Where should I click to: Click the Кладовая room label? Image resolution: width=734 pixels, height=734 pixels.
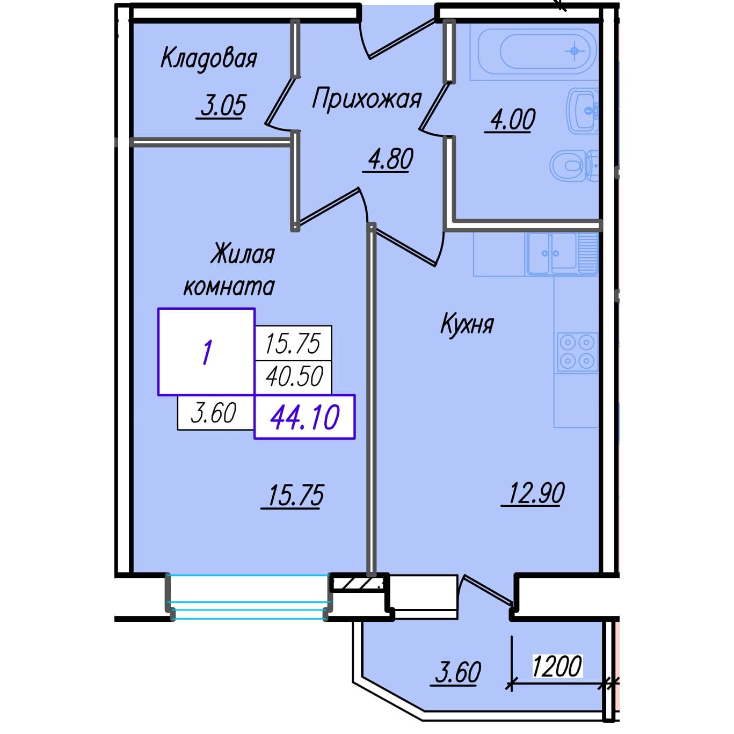[209, 59]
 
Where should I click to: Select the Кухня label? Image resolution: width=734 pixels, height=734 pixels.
[467, 325]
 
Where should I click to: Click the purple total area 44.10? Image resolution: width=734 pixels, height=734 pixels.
[305, 417]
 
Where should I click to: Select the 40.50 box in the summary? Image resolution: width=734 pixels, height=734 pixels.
[294, 377]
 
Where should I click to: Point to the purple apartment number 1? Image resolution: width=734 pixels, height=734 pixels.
[207, 352]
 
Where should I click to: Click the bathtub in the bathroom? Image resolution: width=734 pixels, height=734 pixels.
[533, 52]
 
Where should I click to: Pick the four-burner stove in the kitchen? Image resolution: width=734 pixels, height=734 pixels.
[577, 352]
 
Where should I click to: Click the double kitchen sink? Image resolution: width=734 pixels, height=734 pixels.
[562, 253]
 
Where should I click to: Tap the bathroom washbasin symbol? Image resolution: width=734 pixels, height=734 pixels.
[583, 111]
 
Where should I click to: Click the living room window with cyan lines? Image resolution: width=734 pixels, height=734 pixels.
[249, 597]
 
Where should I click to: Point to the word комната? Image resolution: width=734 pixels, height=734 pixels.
[229, 287]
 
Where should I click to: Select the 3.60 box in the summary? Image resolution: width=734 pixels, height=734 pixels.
[216, 413]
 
